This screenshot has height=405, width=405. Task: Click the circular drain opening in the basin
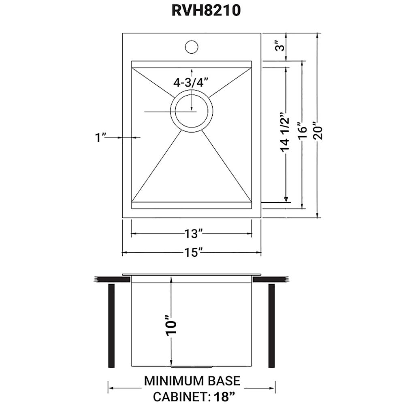click(191, 110)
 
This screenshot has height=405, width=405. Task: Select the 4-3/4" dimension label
click(190, 82)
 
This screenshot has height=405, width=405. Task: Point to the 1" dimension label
click(100, 138)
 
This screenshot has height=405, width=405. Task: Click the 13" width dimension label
click(192, 234)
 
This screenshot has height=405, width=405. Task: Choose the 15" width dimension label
click(192, 253)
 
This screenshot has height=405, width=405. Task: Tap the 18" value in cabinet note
click(225, 396)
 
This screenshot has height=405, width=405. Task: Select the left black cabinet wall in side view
click(111, 326)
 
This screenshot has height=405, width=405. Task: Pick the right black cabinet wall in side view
click(271, 326)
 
